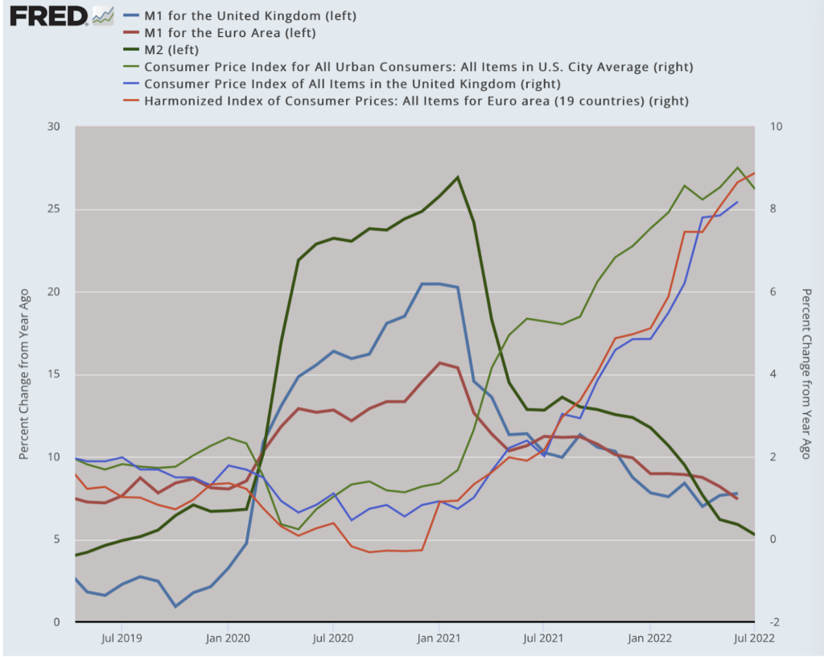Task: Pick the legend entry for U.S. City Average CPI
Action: coord(418,67)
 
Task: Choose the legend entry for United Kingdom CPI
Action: coord(352,84)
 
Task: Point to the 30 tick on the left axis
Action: coord(55,126)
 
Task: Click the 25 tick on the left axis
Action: coord(55,209)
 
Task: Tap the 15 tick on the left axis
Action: coord(55,374)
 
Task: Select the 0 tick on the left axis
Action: coord(57,622)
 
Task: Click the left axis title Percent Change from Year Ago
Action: coord(24,374)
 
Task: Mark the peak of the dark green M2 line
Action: coord(457,177)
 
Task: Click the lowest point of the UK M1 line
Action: coord(175,606)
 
